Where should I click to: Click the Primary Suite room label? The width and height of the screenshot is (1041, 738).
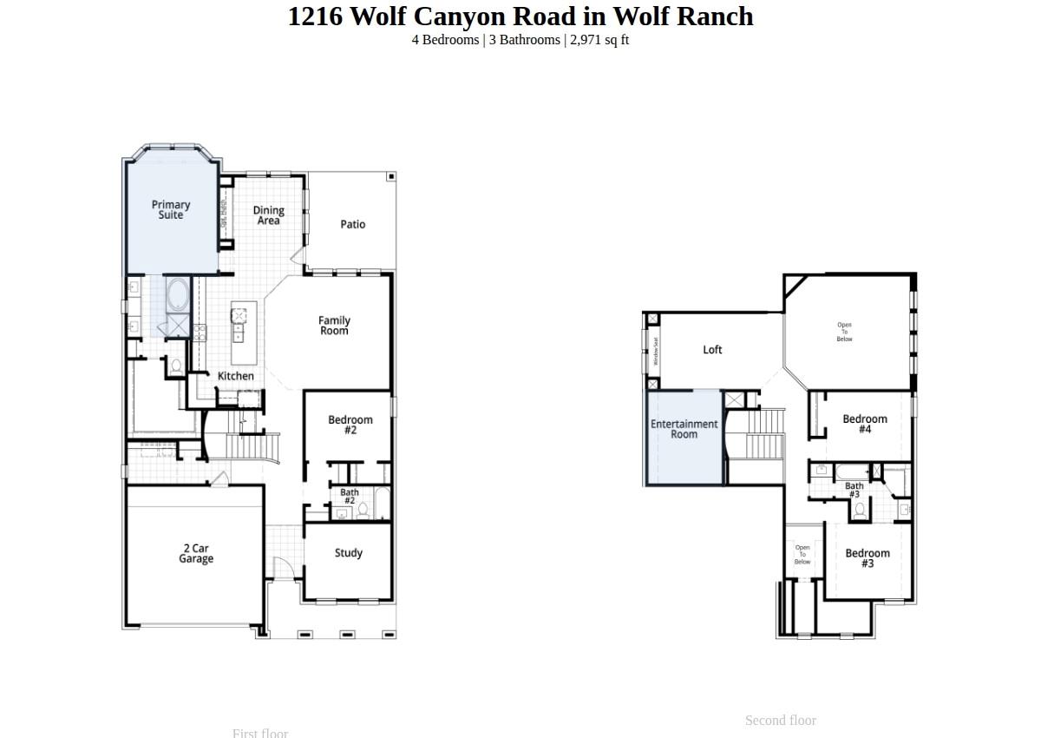[x=171, y=210]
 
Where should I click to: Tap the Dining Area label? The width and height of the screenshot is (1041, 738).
[x=268, y=215]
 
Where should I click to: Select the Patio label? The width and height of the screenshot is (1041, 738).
[x=353, y=224]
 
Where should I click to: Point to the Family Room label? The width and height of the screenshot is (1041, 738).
[x=334, y=326]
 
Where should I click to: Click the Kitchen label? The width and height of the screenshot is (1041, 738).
[x=236, y=376]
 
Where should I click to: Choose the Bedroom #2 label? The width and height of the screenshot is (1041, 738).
[x=350, y=425]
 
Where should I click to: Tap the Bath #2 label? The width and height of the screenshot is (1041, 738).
[x=350, y=497]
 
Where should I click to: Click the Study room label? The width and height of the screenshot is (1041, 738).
[x=349, y=553]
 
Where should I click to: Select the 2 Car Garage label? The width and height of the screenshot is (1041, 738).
[x=196, y=554]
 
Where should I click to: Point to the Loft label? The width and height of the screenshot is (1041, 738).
[x=712, y=350]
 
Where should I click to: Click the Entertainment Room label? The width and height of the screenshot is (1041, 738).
[x=684, y=429]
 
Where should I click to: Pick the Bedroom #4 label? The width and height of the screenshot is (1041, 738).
[x=865, y=424]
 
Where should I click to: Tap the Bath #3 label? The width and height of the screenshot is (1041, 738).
[x=854, y=491]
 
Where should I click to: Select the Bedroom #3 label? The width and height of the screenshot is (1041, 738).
[x=867, y=558]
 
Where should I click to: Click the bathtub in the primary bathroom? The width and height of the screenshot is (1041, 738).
[x=178, y=295]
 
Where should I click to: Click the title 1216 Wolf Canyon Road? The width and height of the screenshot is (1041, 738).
[x=520, y=16]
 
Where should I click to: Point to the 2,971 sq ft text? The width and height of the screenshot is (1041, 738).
[x=599, y=40]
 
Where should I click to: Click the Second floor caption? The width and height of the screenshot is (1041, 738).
[x=781, y=721]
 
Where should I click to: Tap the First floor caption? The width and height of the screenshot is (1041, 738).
[x=260, y=733]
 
